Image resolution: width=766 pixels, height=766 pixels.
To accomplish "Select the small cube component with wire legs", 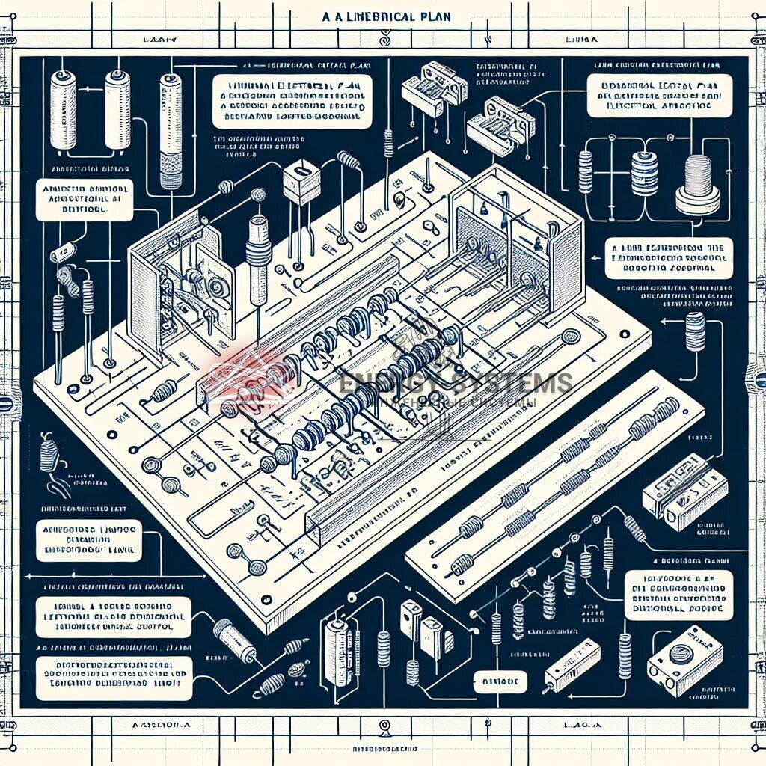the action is pyautogui.click(x=301, y=182).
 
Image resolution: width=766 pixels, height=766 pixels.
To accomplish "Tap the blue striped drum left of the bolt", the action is pyautogui.click(x=640, y=174).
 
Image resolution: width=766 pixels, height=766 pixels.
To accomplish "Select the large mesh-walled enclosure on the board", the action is pyautogui.click(x=516, y=239).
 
